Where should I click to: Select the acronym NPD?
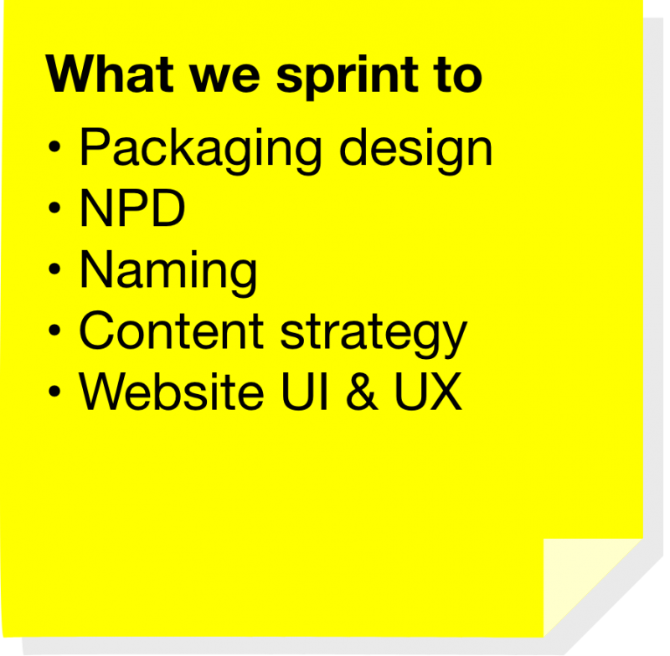131,210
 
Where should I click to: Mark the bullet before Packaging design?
54,149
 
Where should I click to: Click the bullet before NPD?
54,209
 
